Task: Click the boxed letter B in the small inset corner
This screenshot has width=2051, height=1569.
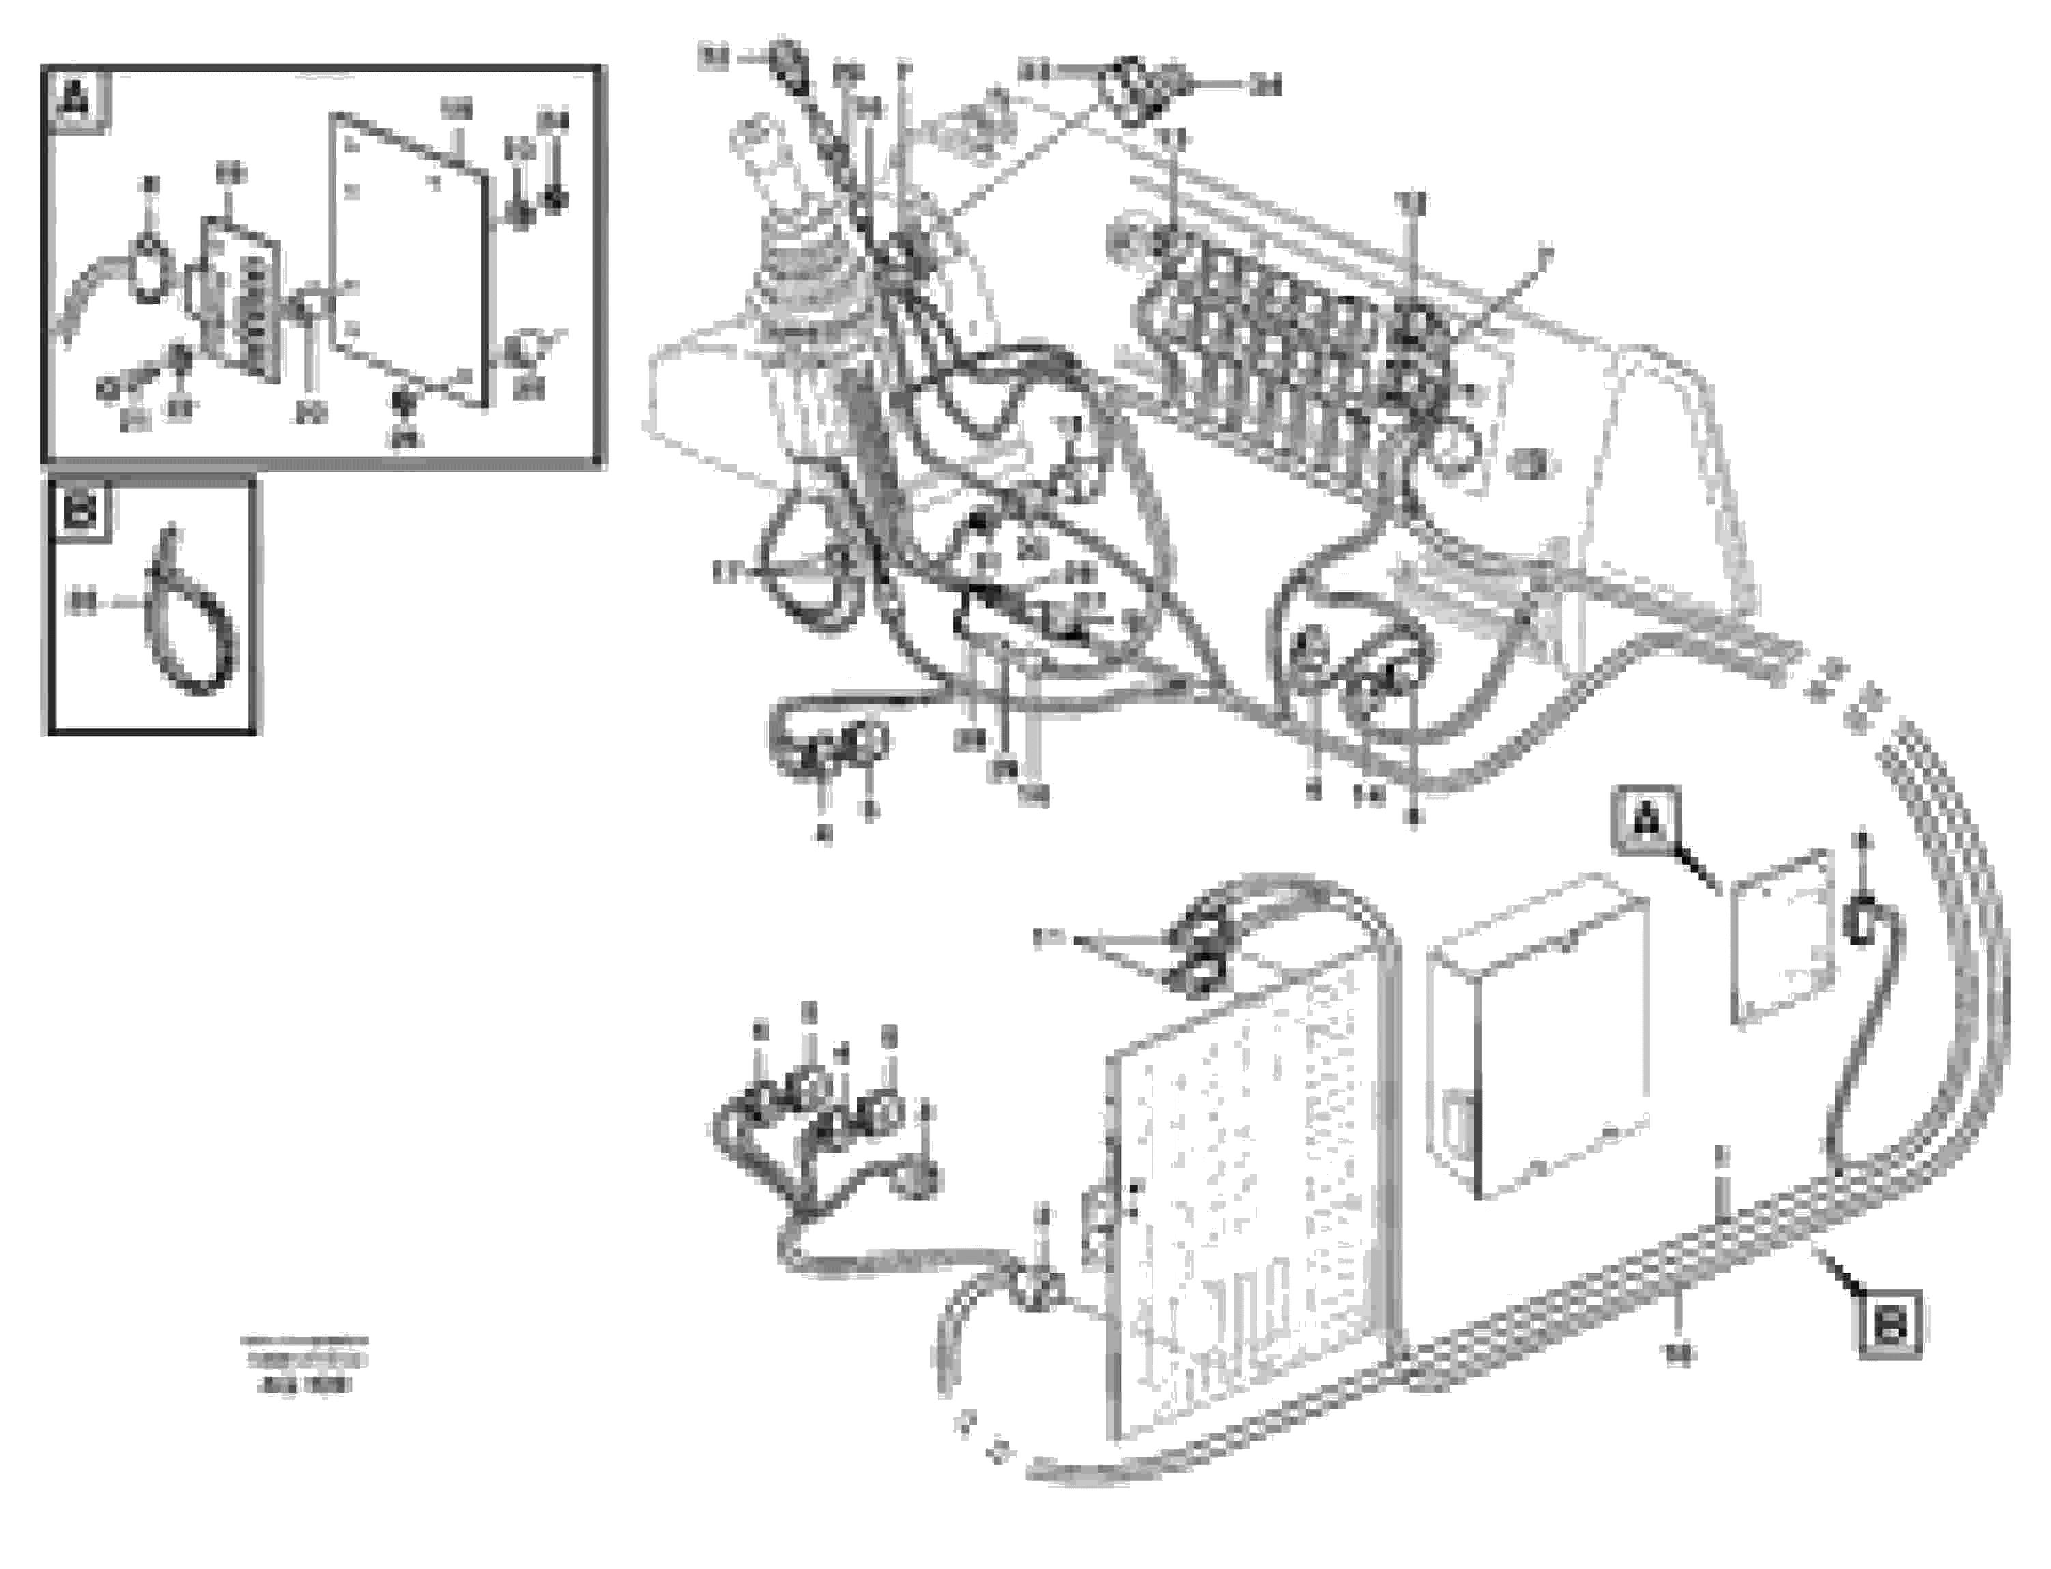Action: (x=81, y=512)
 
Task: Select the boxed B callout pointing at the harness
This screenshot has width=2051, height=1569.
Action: (x=1889, y=1323)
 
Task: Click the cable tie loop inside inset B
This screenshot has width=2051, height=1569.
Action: (x=192, y=616)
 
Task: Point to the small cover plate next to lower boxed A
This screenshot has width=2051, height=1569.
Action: (x=1779, y=938)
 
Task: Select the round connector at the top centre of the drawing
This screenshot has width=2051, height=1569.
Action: (x=1125, y=91)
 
